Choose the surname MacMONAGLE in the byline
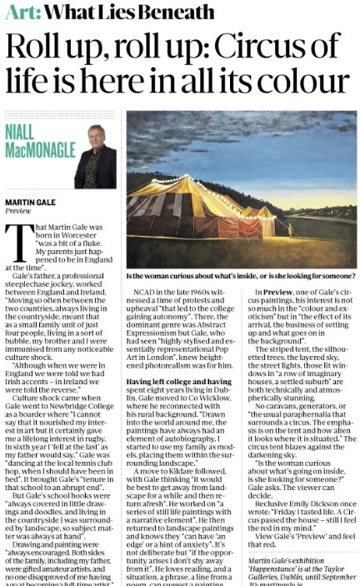click(37, 150)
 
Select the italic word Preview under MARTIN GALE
click(18, 211)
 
